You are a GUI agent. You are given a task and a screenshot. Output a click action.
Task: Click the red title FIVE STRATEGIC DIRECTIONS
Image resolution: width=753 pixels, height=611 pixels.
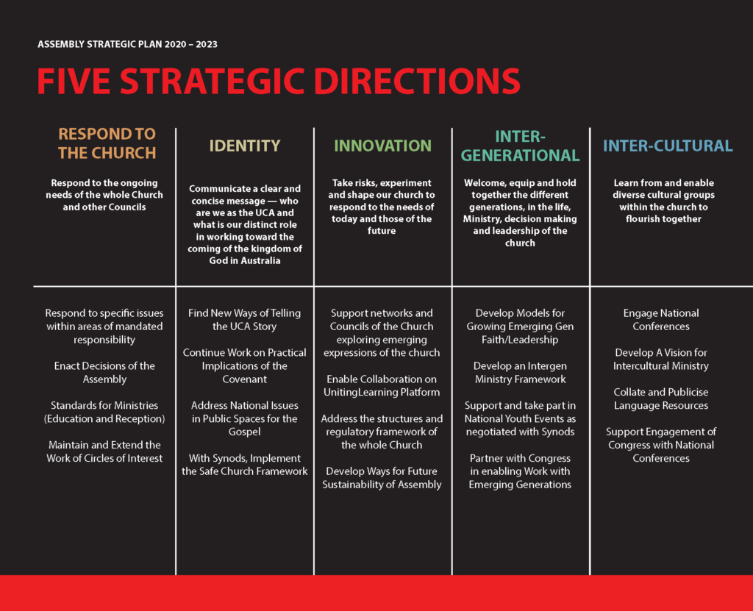click(x=279, y=81)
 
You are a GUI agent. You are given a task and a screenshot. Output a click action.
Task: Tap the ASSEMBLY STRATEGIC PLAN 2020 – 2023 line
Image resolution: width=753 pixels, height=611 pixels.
click(x=127, y=44)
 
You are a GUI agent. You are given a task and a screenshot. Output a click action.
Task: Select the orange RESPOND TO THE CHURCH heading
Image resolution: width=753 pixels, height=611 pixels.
click(x=107, y=143)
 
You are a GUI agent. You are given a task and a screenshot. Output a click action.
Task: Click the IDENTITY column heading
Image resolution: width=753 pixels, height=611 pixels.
click(x=244, y=146)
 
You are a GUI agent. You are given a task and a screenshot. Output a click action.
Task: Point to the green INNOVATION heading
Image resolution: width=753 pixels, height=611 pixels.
click(x=382, y=146)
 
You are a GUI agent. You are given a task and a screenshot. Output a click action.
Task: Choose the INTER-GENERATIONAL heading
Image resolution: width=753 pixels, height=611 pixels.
click(x=520, y=146)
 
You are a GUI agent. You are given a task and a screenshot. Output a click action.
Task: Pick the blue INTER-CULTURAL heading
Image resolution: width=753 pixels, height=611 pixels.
click(x=668, y=146)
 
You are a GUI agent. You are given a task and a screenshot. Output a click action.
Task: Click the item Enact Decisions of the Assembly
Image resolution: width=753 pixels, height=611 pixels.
click(x=104, y=372)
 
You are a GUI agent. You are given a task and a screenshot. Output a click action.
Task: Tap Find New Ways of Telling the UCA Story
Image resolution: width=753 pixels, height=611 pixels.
click(x=244, y=319)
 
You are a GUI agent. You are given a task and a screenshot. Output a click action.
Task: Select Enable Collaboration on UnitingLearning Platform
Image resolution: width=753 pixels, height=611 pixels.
click(x=382, y=386)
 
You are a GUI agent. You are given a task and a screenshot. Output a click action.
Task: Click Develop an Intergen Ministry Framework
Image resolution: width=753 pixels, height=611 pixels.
click(x=520, y=372)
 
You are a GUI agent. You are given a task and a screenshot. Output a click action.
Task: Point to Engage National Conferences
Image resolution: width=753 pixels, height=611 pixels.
click(x=661, y=319)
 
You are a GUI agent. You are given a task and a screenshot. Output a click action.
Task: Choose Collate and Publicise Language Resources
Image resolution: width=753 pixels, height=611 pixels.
click(x=661, y=399)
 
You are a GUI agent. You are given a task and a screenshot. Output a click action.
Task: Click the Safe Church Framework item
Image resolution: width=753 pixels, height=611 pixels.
click(x=244, y=465)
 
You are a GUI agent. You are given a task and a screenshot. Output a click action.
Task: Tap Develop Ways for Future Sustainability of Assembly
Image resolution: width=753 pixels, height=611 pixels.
click(x=382, y=478)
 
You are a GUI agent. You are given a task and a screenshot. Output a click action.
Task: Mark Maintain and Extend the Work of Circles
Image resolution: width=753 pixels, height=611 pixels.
click(x=104, y=451)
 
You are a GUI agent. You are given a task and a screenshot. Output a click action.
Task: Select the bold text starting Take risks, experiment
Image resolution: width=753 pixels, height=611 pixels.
click(x=382, y=207)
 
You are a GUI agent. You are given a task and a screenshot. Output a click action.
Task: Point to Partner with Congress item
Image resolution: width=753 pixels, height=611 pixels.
click(x=520, y=471)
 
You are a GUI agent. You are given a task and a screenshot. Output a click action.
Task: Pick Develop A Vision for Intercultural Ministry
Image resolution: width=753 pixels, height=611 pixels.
click(x=661, y=360)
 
